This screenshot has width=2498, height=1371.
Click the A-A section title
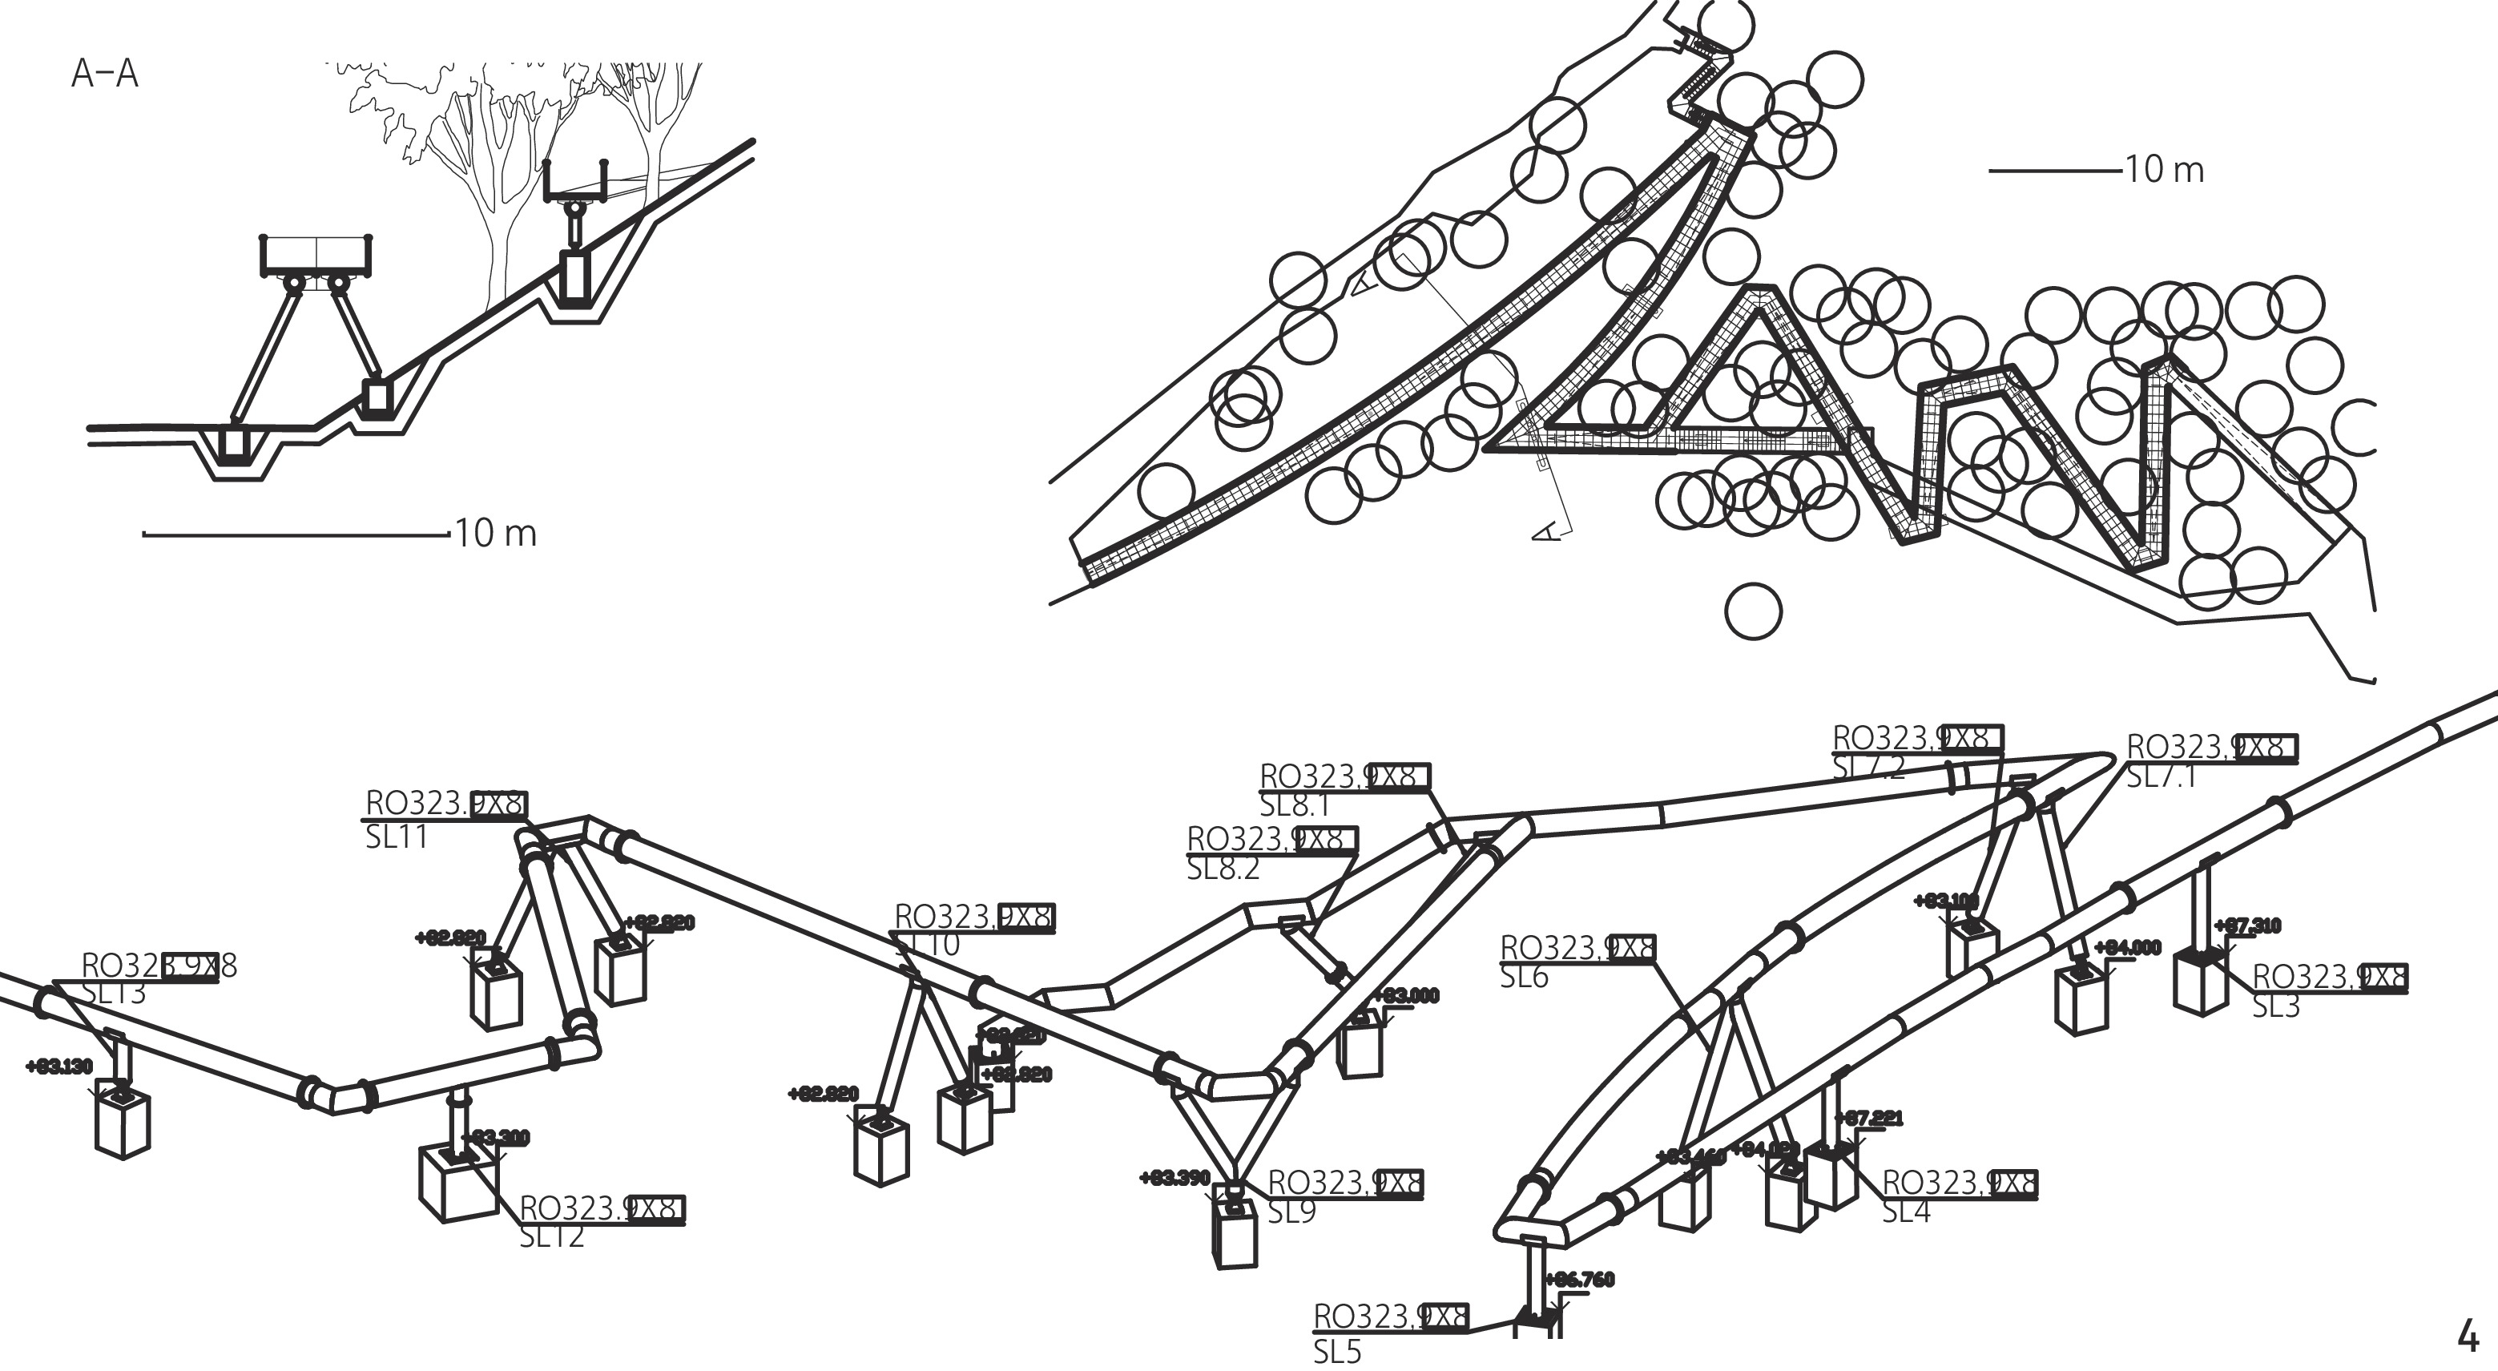coord(105,75)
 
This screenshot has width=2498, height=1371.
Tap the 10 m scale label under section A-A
coord(496,534)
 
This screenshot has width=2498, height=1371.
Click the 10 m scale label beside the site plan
coord(2165,171)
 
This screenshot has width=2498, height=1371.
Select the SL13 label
coord(114,993)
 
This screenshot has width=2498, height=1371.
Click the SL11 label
coord(397,837)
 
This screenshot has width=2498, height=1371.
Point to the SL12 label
coord(552,1236)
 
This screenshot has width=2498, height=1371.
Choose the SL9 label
coord(1291,1212)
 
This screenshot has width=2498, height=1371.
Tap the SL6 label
coord(1525,977)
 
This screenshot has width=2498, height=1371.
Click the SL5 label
coord(1337,1352)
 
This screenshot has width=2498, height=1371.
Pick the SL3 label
coord(2276,1006)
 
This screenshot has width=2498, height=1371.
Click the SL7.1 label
coord(2162,776)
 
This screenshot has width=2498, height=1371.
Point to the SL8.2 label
coord(1223,869)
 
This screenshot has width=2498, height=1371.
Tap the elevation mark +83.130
coord(59,1067)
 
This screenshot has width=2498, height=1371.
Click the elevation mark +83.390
coord(1174,1178)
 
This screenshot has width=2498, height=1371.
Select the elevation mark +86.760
coord(1580,1280)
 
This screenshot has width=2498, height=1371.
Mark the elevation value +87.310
coord(2247,926)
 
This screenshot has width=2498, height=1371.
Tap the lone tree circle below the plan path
coord(1753,611)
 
